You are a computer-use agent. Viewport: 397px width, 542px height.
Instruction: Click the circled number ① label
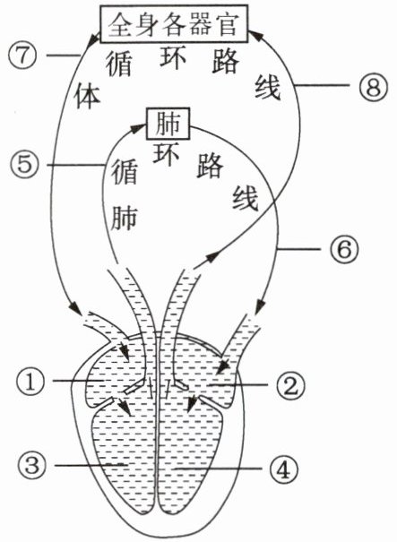coord(30,383)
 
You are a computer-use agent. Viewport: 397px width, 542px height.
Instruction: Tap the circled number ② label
coord(290,386)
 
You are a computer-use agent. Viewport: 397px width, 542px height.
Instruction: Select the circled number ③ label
coord(31,465)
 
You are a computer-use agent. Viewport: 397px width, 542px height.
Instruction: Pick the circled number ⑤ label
coord(24,164)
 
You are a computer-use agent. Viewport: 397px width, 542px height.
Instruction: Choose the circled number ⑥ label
coord(344,249)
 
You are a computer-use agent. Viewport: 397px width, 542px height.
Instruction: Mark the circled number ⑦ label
coord(22,55)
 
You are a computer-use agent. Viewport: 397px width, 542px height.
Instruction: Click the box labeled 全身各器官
coord(174,23)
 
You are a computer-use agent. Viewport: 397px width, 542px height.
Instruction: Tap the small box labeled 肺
coord(168,124)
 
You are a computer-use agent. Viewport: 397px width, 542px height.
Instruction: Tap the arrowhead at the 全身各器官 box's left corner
coord(94,41)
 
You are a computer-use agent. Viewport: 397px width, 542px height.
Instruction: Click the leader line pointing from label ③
coord(90,466)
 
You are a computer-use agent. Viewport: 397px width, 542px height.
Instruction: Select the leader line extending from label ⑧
coord(323,85)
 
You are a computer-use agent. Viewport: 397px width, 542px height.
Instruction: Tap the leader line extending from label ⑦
coord(63,55)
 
